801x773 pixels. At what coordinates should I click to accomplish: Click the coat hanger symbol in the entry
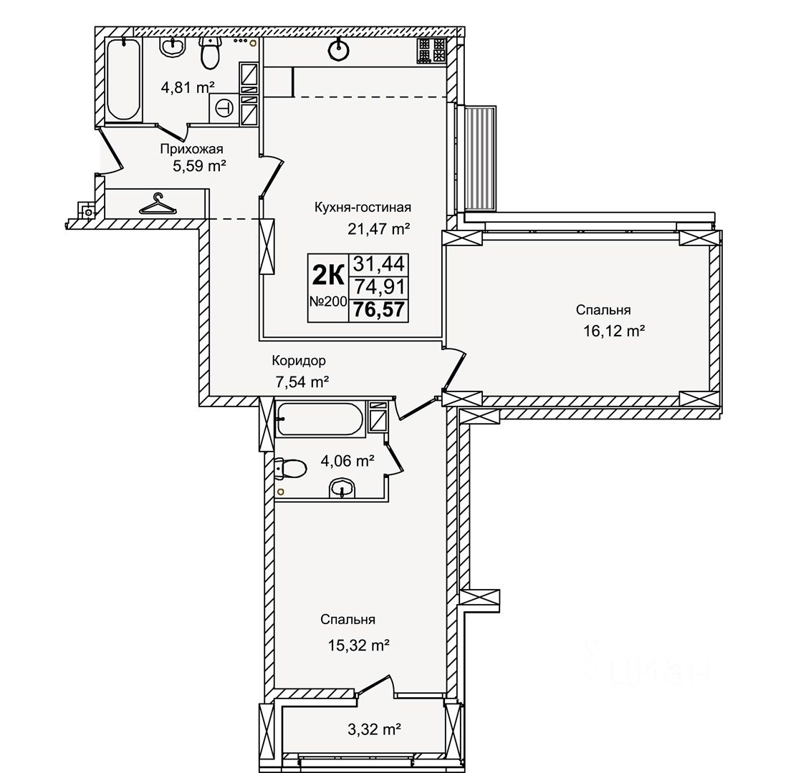click(x=158, y=203)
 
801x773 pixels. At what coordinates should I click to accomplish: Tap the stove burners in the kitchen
click(x=431, y=51)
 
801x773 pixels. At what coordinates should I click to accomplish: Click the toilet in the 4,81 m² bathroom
click(x=211, y=52)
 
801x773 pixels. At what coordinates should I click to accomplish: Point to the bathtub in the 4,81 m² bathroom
click(x=124, y=79)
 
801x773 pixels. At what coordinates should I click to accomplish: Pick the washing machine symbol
click(x=224, y=108)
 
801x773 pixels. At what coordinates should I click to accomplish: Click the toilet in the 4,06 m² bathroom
click(x=290, y=468)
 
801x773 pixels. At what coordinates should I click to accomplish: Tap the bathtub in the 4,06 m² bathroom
click(x=320, y=419)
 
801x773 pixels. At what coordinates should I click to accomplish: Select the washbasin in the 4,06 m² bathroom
click(x=342, y=488)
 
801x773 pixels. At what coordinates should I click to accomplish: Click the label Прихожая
click(x=191, y=149)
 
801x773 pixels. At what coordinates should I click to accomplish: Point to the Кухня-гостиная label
click(x=363, y=208)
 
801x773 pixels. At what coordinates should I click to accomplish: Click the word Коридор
click(x=298, y=361)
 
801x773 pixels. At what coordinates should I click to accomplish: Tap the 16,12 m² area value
click(x=614, y=331)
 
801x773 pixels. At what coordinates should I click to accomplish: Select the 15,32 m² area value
click(x=359, y=646)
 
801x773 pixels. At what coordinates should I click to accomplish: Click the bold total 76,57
click(x=379, y=310)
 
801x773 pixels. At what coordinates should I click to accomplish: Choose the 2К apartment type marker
click(x=328, y=276)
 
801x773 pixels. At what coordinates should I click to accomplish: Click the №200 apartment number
click(x=328, y=301)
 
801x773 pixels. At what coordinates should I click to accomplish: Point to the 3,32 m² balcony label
click(x=374, y=729)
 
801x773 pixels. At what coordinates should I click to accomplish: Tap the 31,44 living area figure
click(x=379, y=264)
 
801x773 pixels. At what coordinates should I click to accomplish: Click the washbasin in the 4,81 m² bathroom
click(x=173, y=47)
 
